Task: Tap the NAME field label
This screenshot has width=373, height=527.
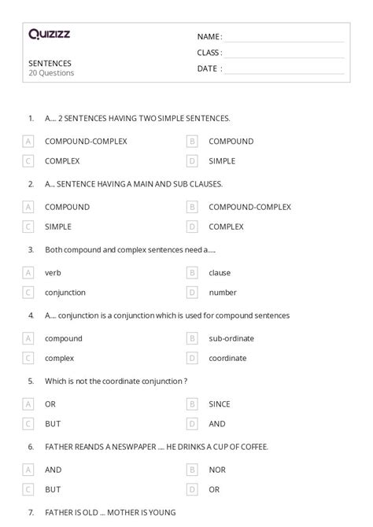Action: tap(209, 36)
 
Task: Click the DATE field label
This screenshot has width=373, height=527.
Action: tap(209, 68)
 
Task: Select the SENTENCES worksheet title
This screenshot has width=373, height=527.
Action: tap(50, 62)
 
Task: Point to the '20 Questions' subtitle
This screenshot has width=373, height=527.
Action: tap(51, 73)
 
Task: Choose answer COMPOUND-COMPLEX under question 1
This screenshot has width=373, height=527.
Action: tap(86, 142)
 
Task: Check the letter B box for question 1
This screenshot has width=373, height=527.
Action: tap(191, 142)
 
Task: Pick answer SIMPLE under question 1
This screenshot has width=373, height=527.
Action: tap(222, 160)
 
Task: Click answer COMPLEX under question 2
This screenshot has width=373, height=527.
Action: tap(226, 227)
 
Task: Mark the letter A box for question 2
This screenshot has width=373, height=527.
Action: tap(28, 207)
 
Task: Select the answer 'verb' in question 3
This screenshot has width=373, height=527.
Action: tap(53, 273)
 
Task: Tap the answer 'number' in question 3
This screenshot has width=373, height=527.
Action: tap(223, 293)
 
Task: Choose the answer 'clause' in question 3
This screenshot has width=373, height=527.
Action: tap(220, 273)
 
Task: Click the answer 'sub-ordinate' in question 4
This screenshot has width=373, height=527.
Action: tap(229, 339)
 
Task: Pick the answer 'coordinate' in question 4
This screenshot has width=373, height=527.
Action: tap(227, 358)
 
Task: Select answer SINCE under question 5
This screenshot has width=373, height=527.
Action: tap(220, 404)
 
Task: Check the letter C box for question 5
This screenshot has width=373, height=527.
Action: tap(28, 424)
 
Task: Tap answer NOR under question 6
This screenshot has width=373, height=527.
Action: tap(217, 470)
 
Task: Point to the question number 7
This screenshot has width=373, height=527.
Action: tap(30, 513)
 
